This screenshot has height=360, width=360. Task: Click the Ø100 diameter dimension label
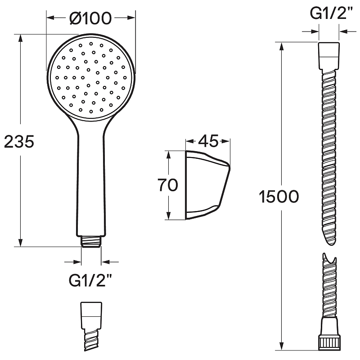90,18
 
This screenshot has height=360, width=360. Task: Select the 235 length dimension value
19,141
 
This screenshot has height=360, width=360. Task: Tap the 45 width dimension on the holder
208,141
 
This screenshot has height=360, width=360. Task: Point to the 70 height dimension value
167,185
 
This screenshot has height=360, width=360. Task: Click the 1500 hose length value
279,197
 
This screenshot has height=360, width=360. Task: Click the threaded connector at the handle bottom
91,242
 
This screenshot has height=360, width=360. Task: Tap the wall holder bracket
207,185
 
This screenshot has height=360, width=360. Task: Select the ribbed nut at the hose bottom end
328,344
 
